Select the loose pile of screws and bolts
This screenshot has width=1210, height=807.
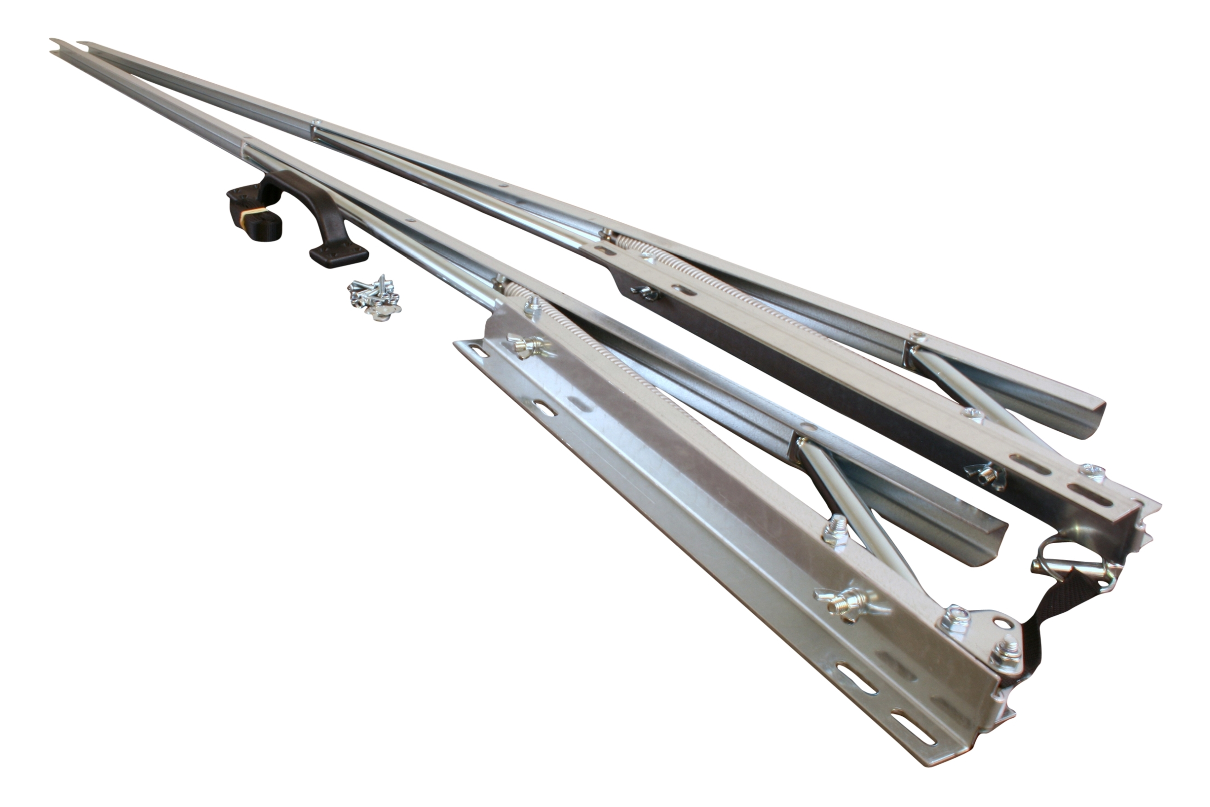(375, 297)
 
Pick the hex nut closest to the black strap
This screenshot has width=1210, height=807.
(1004, 655)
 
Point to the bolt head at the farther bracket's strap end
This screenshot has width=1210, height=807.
(1093, 471)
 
